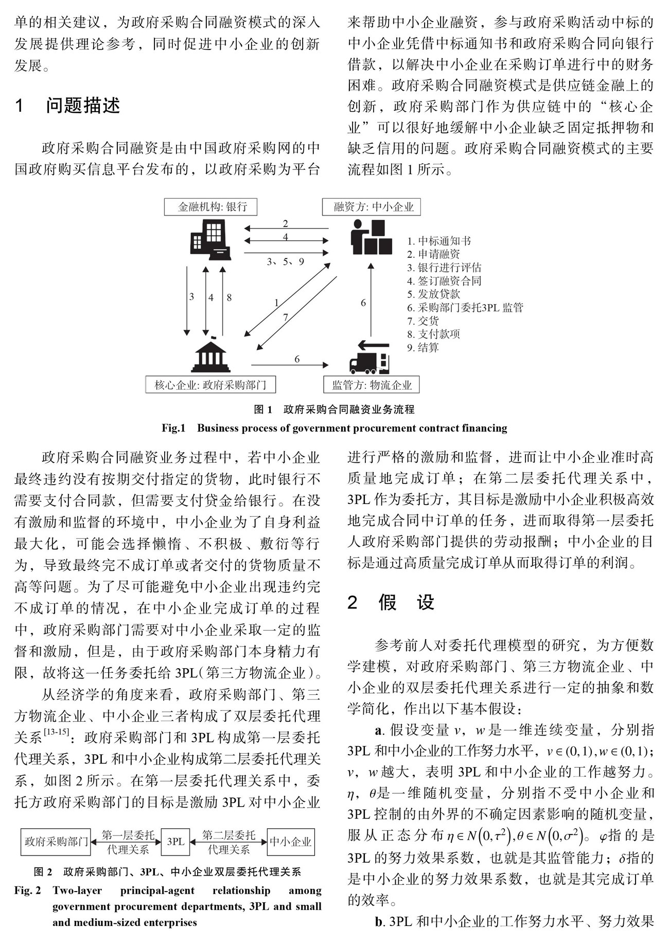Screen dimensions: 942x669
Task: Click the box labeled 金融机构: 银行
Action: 210,206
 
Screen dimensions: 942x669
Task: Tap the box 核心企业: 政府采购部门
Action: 210,385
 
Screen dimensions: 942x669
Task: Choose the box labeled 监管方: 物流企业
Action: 371,385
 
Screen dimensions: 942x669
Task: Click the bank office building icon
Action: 210,240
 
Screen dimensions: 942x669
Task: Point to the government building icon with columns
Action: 210,356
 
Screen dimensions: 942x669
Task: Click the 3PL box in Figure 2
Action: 175,842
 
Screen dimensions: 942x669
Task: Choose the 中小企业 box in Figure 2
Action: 291,842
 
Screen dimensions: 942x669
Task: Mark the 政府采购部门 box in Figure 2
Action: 56,842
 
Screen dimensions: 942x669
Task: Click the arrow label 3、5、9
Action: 286,261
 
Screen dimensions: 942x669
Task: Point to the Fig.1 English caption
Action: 334,428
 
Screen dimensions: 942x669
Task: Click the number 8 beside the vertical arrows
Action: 229,297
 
